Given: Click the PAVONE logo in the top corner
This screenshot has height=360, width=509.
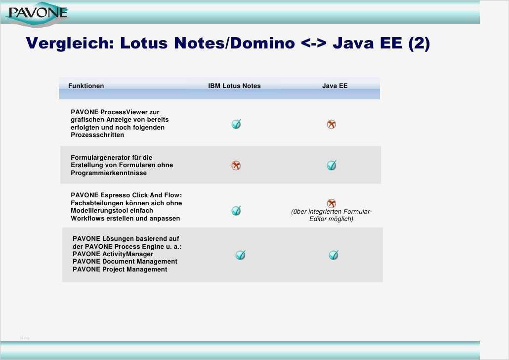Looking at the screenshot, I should [x=37, y=13].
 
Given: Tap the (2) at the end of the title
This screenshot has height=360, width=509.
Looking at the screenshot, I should [x=419, y=44].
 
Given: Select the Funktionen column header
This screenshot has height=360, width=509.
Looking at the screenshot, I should [x=86, y=86].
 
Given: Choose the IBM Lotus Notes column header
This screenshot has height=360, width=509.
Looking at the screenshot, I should [x=234, y=86].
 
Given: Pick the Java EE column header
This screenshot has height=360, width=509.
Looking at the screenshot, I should [x=335, y=86].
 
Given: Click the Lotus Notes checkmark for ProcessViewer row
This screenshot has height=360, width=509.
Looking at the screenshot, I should [x=236, y=124].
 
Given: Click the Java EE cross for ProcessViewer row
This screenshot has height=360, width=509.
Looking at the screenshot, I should [x=332, y=125].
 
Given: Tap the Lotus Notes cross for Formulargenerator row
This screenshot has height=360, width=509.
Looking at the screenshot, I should [x=236, y=166].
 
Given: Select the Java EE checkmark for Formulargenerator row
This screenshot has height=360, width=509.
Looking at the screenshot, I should [x=332, y=166].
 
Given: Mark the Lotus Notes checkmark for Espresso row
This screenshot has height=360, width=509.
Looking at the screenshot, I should [x=236, y=211].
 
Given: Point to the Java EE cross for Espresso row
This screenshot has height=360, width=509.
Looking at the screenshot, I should [x=332, y=203].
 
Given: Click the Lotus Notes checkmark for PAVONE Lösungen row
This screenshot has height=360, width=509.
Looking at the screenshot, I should [x=240, y=255].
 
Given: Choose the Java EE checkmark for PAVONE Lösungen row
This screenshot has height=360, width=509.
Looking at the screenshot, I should [x=334, y=255].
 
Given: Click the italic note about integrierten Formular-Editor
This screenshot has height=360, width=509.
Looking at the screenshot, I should [x=331, y=215].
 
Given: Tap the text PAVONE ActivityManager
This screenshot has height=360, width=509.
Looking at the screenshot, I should [x=113, y=254].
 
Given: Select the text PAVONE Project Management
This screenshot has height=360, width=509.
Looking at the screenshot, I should [x=120, y=270].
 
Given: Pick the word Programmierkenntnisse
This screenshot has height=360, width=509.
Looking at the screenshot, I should [x=109, y=173].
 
